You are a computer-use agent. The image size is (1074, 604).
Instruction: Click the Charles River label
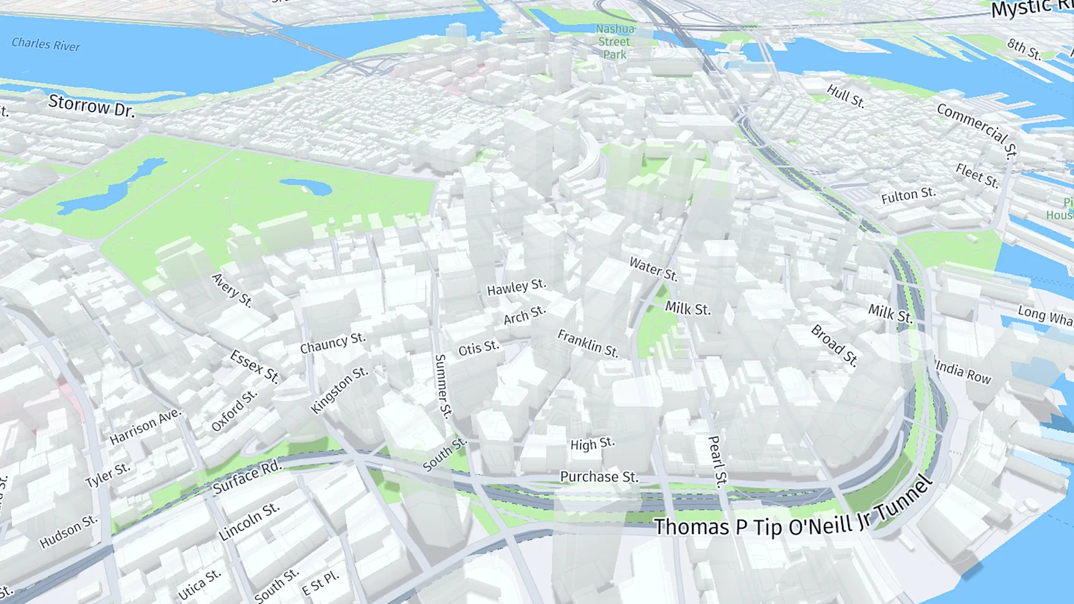coord(45,44)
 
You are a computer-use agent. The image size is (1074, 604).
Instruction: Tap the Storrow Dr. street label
coord(91,107)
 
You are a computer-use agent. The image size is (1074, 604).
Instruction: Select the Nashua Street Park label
coord(615,42)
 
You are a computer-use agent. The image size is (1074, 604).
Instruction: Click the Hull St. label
coord(846,96)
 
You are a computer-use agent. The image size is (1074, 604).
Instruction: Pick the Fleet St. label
coord(977,176)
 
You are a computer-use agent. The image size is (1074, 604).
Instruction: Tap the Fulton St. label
coord(908,196)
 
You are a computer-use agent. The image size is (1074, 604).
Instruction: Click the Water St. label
coord(653,268)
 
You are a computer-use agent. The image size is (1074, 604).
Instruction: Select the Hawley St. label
coord(516,287)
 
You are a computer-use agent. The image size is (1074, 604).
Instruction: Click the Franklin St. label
coord(588,343)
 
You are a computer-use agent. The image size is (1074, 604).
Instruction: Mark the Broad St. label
coord(835,345)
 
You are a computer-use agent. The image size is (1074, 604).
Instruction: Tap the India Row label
coord(963,371)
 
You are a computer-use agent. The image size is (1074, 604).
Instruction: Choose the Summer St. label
coord(443,386)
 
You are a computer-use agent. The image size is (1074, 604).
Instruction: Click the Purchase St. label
coord(599,476)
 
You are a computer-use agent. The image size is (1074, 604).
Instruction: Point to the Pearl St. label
coord(717,460)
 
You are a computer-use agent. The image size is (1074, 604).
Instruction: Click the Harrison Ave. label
coord(145,427)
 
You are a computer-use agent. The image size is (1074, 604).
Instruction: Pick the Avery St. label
coord(232,291)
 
